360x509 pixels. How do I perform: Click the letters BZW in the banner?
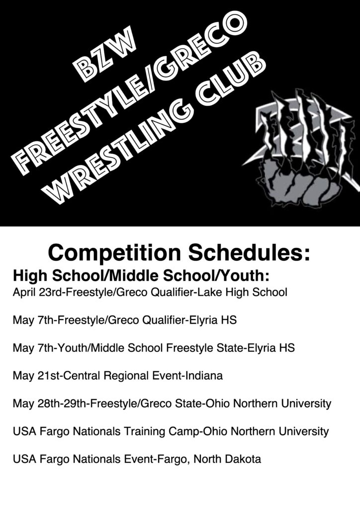point(103,54)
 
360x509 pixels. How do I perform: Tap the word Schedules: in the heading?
point(250,252)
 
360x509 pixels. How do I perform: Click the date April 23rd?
point(39,292)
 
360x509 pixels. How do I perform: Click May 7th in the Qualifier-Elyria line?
point(34,321)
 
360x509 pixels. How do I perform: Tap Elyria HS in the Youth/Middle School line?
point(271,348)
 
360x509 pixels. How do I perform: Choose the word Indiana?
point(204,376)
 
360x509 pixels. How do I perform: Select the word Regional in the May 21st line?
point(126,376)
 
